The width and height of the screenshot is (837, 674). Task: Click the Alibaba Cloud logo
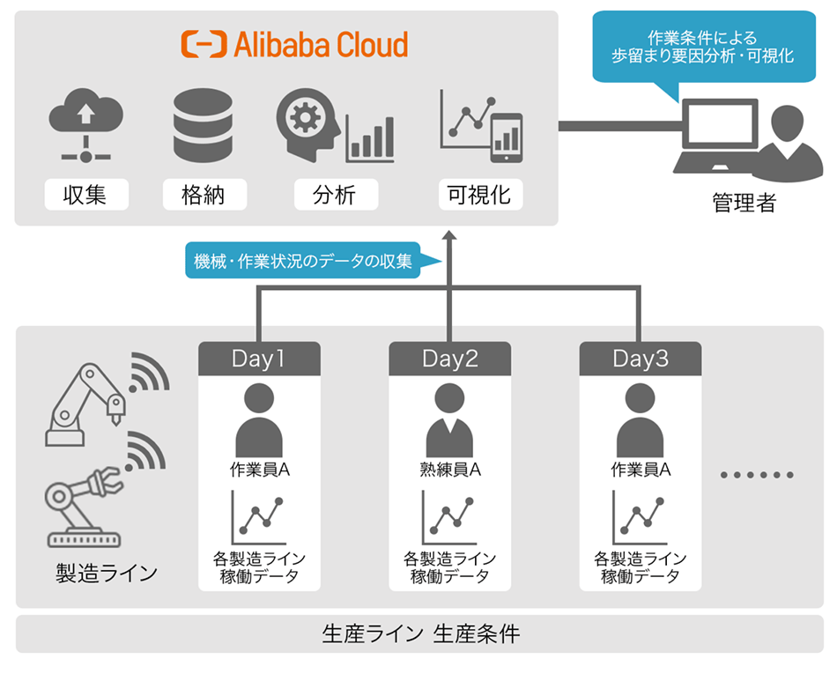click(295, 44)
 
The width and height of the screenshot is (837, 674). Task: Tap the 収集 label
click(85, 194)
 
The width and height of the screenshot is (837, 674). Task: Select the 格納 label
click(204, 194)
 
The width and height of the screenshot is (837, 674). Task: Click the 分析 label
click(335, 194)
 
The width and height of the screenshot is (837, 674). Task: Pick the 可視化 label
click(480, 194)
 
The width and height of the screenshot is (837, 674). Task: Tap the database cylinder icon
click(203, 125)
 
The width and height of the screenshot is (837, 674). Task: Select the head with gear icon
click(308, 123)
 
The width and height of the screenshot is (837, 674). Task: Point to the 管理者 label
click(744, 204)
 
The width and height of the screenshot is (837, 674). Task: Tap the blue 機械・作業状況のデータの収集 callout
click(304, 262)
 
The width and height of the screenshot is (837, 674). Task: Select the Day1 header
click(259, 359)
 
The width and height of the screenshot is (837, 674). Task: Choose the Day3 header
click(641, 359)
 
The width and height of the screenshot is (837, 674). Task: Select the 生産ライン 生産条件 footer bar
click(419, 634)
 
